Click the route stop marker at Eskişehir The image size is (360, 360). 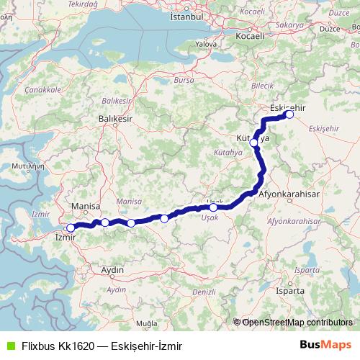(x=290, y=114)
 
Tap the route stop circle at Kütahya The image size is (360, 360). (x=254, y=143)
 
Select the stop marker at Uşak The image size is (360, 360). (x=213, y=207)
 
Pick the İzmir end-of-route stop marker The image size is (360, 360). (x=71, y=228)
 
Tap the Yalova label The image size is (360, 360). (x=206, y=44)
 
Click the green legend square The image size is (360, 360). (x=9, y=346)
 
